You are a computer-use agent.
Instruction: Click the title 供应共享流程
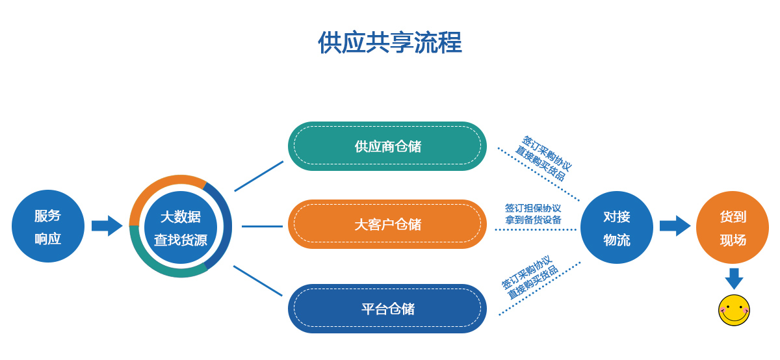pyautogui.click(x=389, y=43)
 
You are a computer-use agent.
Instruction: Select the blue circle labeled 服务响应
pyautogui.click(x=48, y=226)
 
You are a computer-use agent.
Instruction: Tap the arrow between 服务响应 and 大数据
pyautogui.click(x=107, y=225)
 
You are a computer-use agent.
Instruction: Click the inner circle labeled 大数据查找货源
pyautogui.click(x=181, y=227)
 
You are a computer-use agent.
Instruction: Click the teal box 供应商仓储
pyautogui.click(x=387, y=146)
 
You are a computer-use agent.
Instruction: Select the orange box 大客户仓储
pyautogui.click(x=387, y=224)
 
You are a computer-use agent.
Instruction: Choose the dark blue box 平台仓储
pyautogui.click(x=387, y=309)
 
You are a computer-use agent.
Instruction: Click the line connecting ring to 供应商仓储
pyautogui.click(x=259, y=176)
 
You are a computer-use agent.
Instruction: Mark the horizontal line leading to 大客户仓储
pyautogui.click(x=262, y=226)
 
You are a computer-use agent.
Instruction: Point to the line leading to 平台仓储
pyautogui.click(x=258, y=281)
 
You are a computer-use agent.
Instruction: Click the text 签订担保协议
pyautogui.click(x=532, y=208)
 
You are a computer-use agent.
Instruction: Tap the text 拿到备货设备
pyautogui.click(x=532, y=220)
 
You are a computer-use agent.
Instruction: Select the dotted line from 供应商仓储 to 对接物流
pyautogui.click(x=538, y=174)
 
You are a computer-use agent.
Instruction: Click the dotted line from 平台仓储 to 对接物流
pyautogui.click(x=539, y=289)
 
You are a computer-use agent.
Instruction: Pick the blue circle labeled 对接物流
pyautogui.click(x=616, y=227)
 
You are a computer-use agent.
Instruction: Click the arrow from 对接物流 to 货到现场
pyautogui.click(x=675, y=225)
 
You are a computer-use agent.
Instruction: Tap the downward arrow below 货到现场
pyautogui.click(x=734, y=279)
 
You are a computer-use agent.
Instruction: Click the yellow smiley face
pyautogui.click(x=734, y=311)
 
